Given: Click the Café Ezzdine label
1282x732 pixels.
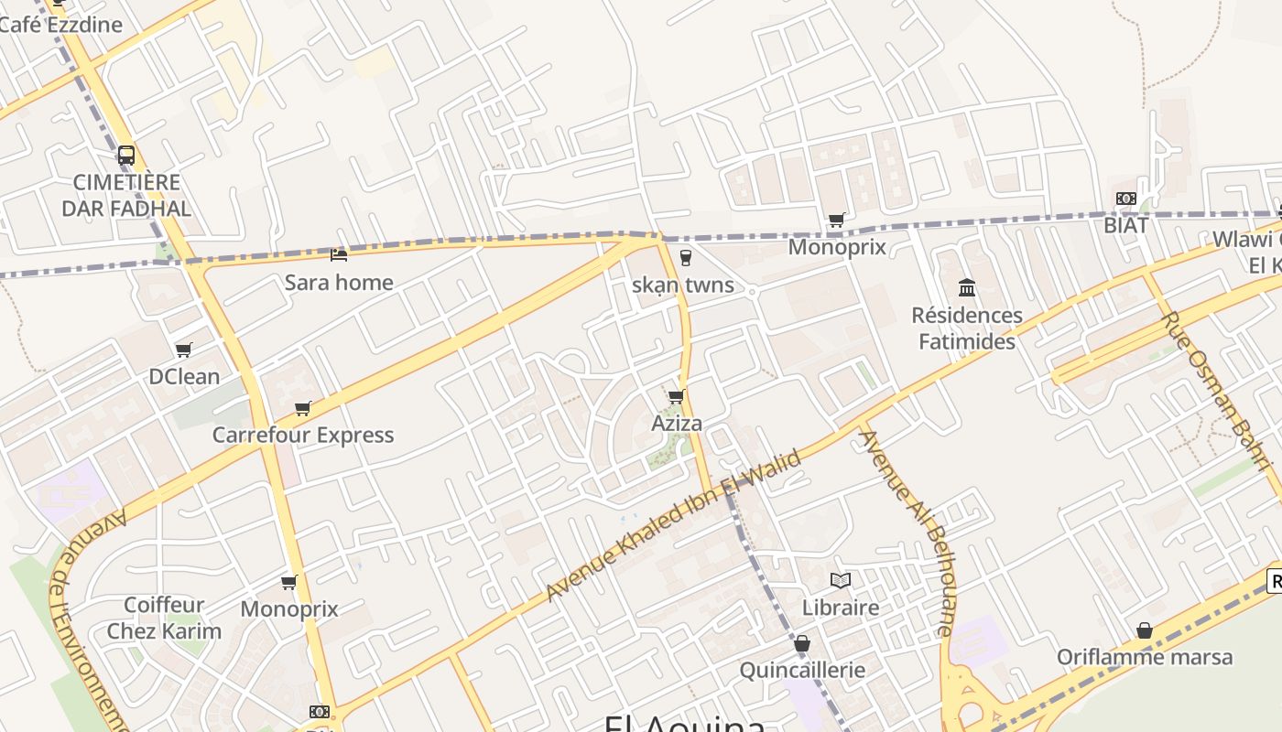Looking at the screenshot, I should (x=60, y=25).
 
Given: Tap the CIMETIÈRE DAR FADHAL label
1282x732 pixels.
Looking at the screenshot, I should (x=126, y=195).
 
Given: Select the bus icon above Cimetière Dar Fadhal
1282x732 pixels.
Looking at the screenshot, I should (x=126, y=156).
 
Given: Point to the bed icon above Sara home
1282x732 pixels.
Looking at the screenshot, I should (x=339, y=255).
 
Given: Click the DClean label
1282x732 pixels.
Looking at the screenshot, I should (x=184, y=376).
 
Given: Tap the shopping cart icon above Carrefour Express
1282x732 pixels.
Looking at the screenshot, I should (x=303, y=408).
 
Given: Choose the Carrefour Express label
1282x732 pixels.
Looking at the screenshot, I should (x=303, y=435).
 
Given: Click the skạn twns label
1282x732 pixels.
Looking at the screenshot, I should (x=683, y=285).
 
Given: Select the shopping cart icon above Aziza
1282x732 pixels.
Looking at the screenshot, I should (x=677, y=396).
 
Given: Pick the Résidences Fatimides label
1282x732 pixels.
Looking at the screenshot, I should (x=967, y=328).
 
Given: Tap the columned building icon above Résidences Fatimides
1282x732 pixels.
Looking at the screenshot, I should (x=967, y=288).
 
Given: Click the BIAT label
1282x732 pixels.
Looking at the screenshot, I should (x=1125, y=224).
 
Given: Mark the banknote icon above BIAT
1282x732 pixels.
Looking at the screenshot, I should (x=1125, y=199).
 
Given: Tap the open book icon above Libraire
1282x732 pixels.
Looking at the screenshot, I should (x=840, y=580).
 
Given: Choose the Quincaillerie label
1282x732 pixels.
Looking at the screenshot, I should (x=802, y=670).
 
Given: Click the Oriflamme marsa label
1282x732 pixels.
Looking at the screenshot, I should (x=1145, y=657).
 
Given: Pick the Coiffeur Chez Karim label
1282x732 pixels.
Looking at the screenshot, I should (x=164, y=618).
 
